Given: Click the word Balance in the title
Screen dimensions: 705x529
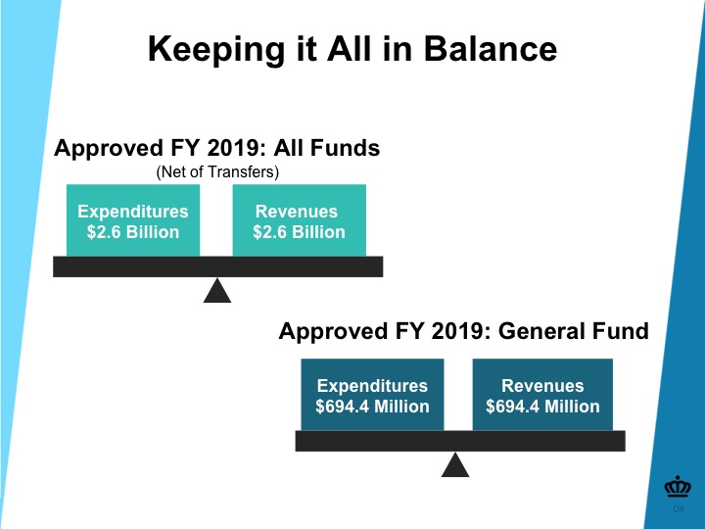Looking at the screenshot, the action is pos(491,49).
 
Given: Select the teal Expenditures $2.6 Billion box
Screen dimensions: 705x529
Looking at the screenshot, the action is pos(133,220).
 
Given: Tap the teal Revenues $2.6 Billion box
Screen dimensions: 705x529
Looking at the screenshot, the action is pos(299,220).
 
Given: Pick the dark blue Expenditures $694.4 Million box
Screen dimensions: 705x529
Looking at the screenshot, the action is pos(372,395).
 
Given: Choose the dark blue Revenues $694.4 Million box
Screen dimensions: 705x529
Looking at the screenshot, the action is pos(542,395).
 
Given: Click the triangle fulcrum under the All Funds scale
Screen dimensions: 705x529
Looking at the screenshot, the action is pos(217,291).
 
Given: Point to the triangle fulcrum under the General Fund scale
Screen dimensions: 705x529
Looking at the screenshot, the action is pos(455,465).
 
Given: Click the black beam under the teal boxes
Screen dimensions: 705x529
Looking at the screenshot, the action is pos(218,266).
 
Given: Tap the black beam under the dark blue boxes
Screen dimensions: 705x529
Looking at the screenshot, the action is pos(460,441).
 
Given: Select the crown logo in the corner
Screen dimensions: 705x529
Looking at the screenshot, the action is pos(678,486).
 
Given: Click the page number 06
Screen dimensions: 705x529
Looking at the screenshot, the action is pos(679,508).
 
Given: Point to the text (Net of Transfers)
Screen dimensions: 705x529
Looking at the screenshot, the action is pos(217,171).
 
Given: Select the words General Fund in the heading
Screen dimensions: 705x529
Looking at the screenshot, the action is pos(573,331).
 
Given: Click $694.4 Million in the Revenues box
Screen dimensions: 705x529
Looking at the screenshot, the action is pos(542,407).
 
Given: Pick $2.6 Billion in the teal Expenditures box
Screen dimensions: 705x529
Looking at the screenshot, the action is pos(133,232).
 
